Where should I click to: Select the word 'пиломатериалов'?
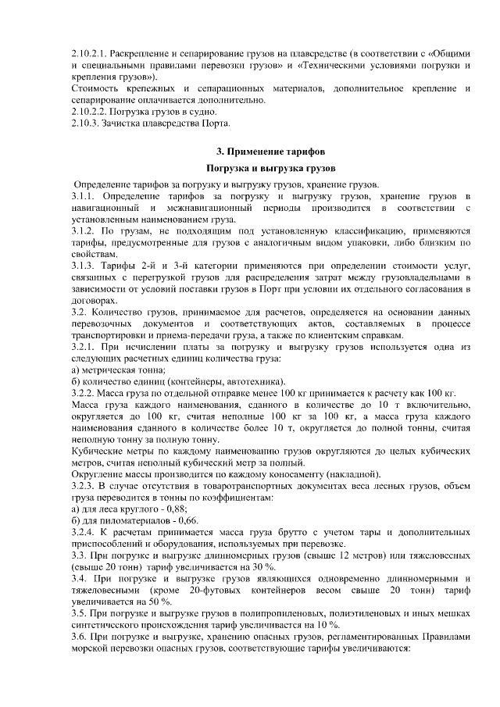point(137,519)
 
